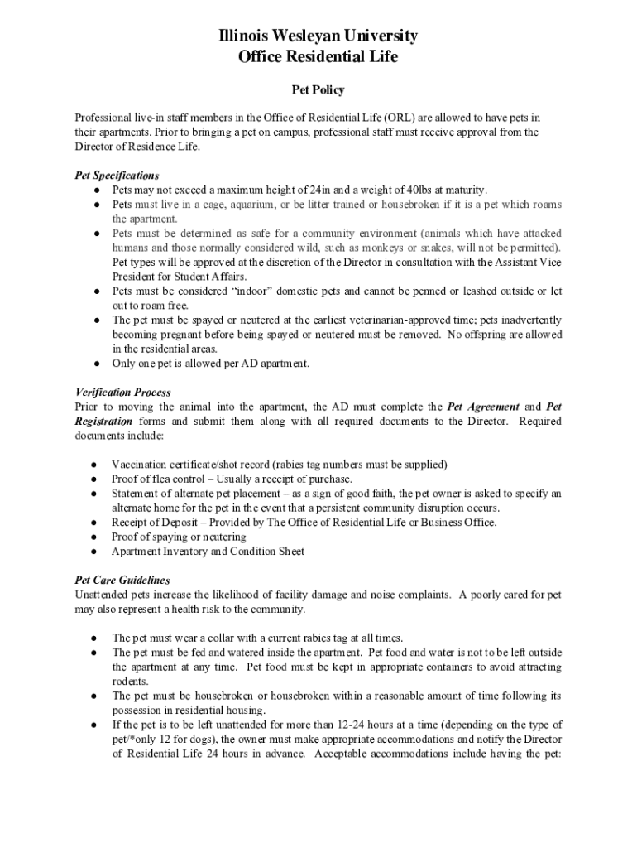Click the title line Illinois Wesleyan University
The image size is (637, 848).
click(x=318, y=36)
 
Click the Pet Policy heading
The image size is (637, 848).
click(x=318, y=89)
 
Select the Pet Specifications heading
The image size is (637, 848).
click(x=117, y=176)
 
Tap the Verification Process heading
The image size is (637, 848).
click(x=122, y=392)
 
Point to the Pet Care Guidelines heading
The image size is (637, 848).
click(x=122, y=581)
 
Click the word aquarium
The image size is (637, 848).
click(x=242, y=205)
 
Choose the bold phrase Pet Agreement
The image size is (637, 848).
click(x=483, y=407)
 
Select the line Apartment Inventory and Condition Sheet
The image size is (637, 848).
click(x=208, y=552)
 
